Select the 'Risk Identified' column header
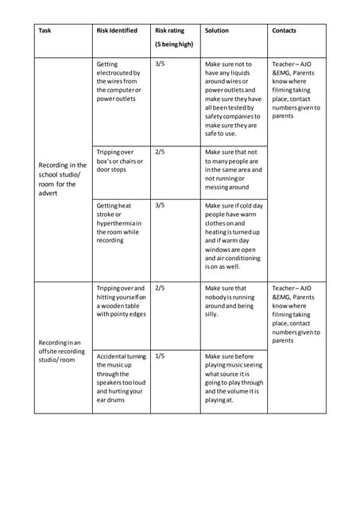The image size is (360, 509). [118, 31]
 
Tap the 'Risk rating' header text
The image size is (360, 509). [169, 31]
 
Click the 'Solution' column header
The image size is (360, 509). [217, 31]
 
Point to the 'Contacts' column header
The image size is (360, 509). [284, 31]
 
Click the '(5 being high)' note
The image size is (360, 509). [174, 45]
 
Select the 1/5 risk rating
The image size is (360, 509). [160, 356]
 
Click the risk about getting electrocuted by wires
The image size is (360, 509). [118, 81]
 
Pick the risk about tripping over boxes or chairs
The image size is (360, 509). [120, 160]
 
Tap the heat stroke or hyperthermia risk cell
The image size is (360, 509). [118, 223]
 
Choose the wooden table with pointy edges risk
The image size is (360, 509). [122, 301]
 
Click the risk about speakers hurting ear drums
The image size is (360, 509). [121, 378]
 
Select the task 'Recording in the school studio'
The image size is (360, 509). [63, 179]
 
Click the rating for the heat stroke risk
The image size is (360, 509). [160, 205]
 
